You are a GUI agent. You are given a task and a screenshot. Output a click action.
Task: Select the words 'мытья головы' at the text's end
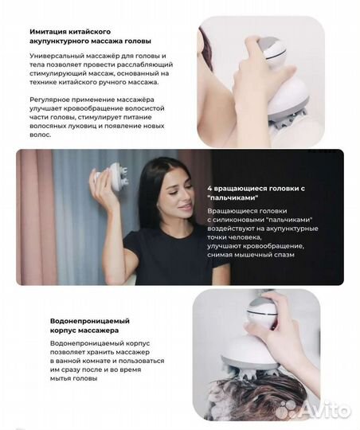tap(76, 378)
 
